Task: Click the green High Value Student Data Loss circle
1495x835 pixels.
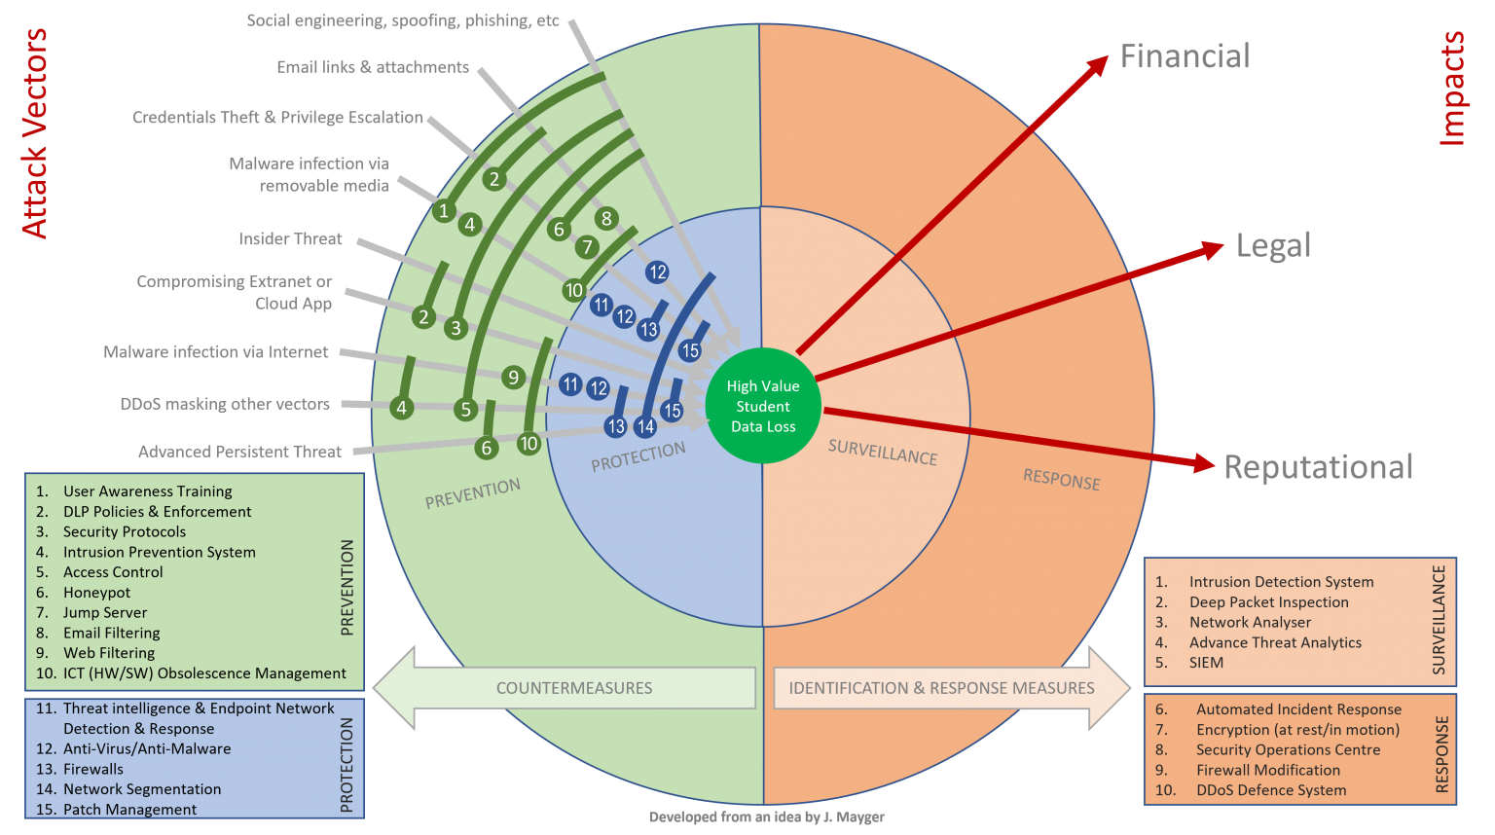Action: tap(763, 406)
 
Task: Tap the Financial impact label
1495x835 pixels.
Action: tap(1185, 56)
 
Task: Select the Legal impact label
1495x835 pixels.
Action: tap(1273, 245)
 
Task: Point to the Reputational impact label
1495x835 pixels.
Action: tap(1318, 467)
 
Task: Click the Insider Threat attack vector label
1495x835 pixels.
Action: tap(290, 239)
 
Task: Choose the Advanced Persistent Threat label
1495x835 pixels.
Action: tap(239, 452)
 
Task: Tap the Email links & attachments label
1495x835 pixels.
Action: tap(373, 67)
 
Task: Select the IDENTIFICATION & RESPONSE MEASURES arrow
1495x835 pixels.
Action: tap(952, 688)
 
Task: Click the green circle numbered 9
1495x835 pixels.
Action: tap(513, 378)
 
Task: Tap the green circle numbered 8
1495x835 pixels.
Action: tap(606, 218)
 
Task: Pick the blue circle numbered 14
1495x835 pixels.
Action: tap(644, 427)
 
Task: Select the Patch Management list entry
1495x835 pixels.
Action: tap(116, 810)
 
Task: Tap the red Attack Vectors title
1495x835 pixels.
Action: tap(34, 133)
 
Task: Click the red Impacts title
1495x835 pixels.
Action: tap(1451, 89)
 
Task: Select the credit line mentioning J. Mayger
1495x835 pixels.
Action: tap(766, 817)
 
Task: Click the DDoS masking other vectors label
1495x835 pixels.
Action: tap(225, 405)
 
